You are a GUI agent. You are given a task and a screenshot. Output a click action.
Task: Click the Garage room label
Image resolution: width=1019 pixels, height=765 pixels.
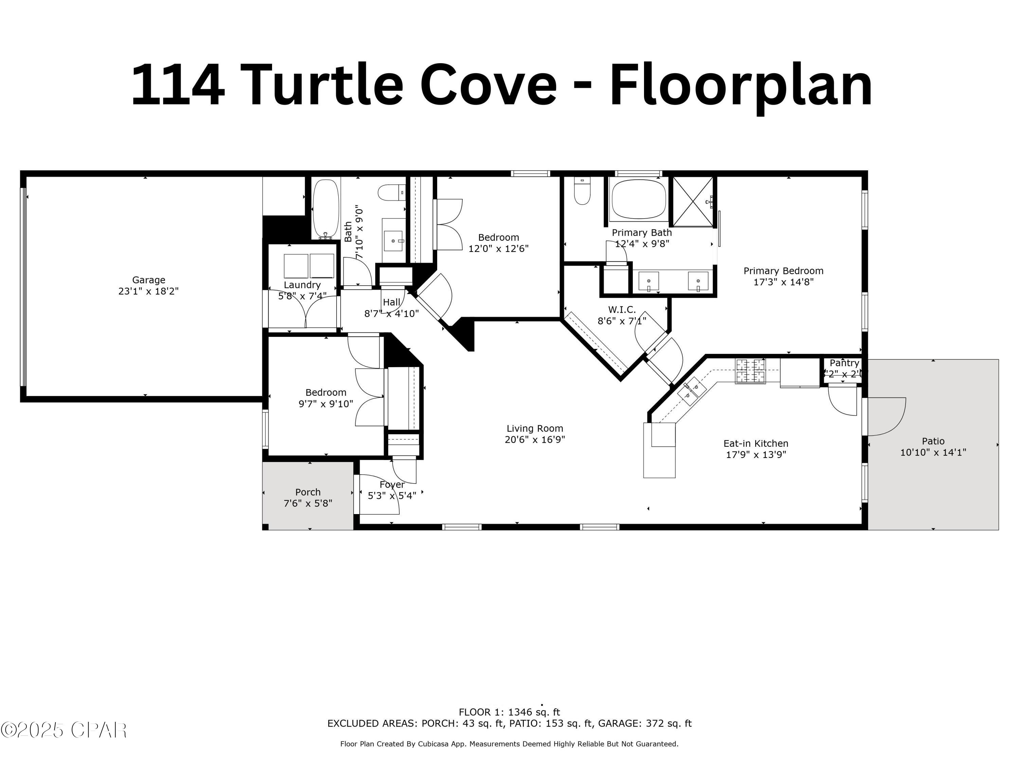(x=148, y=280)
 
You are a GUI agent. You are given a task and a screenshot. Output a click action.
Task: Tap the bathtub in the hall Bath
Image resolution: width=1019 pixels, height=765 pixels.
(x=326, y=208)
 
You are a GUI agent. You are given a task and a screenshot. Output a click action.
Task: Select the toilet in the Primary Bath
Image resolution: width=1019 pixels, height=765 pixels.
(x=582, y=192)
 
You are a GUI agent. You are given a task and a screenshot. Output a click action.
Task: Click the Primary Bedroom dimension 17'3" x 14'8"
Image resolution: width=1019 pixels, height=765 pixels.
(x=783, y=282)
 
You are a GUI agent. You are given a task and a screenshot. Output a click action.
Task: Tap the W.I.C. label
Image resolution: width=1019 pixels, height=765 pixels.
(x=622, y=310)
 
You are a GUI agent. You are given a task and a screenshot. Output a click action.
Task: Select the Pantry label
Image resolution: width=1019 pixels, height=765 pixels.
(x=844, y=363)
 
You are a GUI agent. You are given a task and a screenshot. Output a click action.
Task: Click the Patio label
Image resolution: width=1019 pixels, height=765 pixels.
(x=933, y=441)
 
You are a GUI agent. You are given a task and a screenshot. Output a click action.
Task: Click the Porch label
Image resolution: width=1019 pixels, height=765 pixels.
(x=308, y=492)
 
